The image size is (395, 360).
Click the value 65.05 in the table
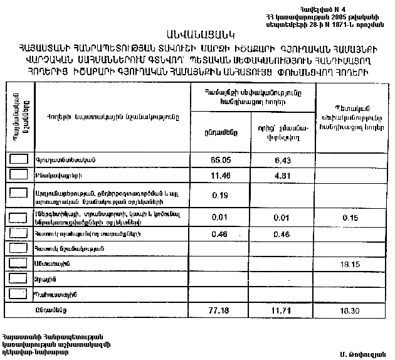tap(219, 160)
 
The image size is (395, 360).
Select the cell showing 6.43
tap(282, 160)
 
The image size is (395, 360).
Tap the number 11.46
tap(219, 174)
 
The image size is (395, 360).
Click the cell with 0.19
tap(219, 195)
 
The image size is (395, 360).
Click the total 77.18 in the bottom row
tap(219, 310)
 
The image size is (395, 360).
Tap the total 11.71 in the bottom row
tap(282, 310)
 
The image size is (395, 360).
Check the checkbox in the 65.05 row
tap(19, 160)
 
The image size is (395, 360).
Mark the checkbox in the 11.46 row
tap(19, 174)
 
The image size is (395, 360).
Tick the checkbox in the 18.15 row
tap(19, 264)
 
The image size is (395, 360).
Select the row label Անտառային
tap(50, 265)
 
